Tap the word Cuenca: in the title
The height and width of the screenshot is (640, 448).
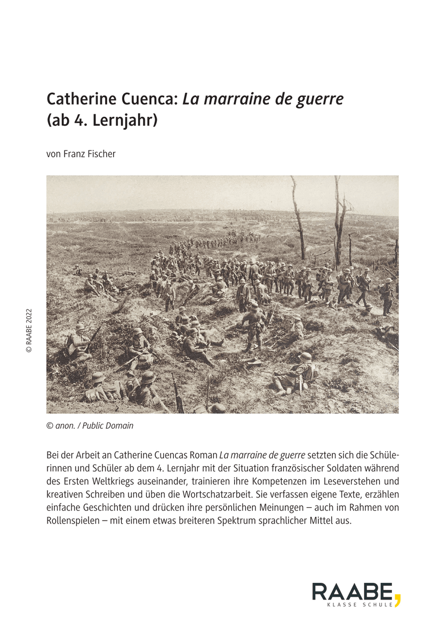[x=150, y=99]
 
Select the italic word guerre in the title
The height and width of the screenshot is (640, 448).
[x=317, y=99]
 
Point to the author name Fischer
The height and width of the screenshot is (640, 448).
[x=101, y=154]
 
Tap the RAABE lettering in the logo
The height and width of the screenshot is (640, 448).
[x=353, y=592]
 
